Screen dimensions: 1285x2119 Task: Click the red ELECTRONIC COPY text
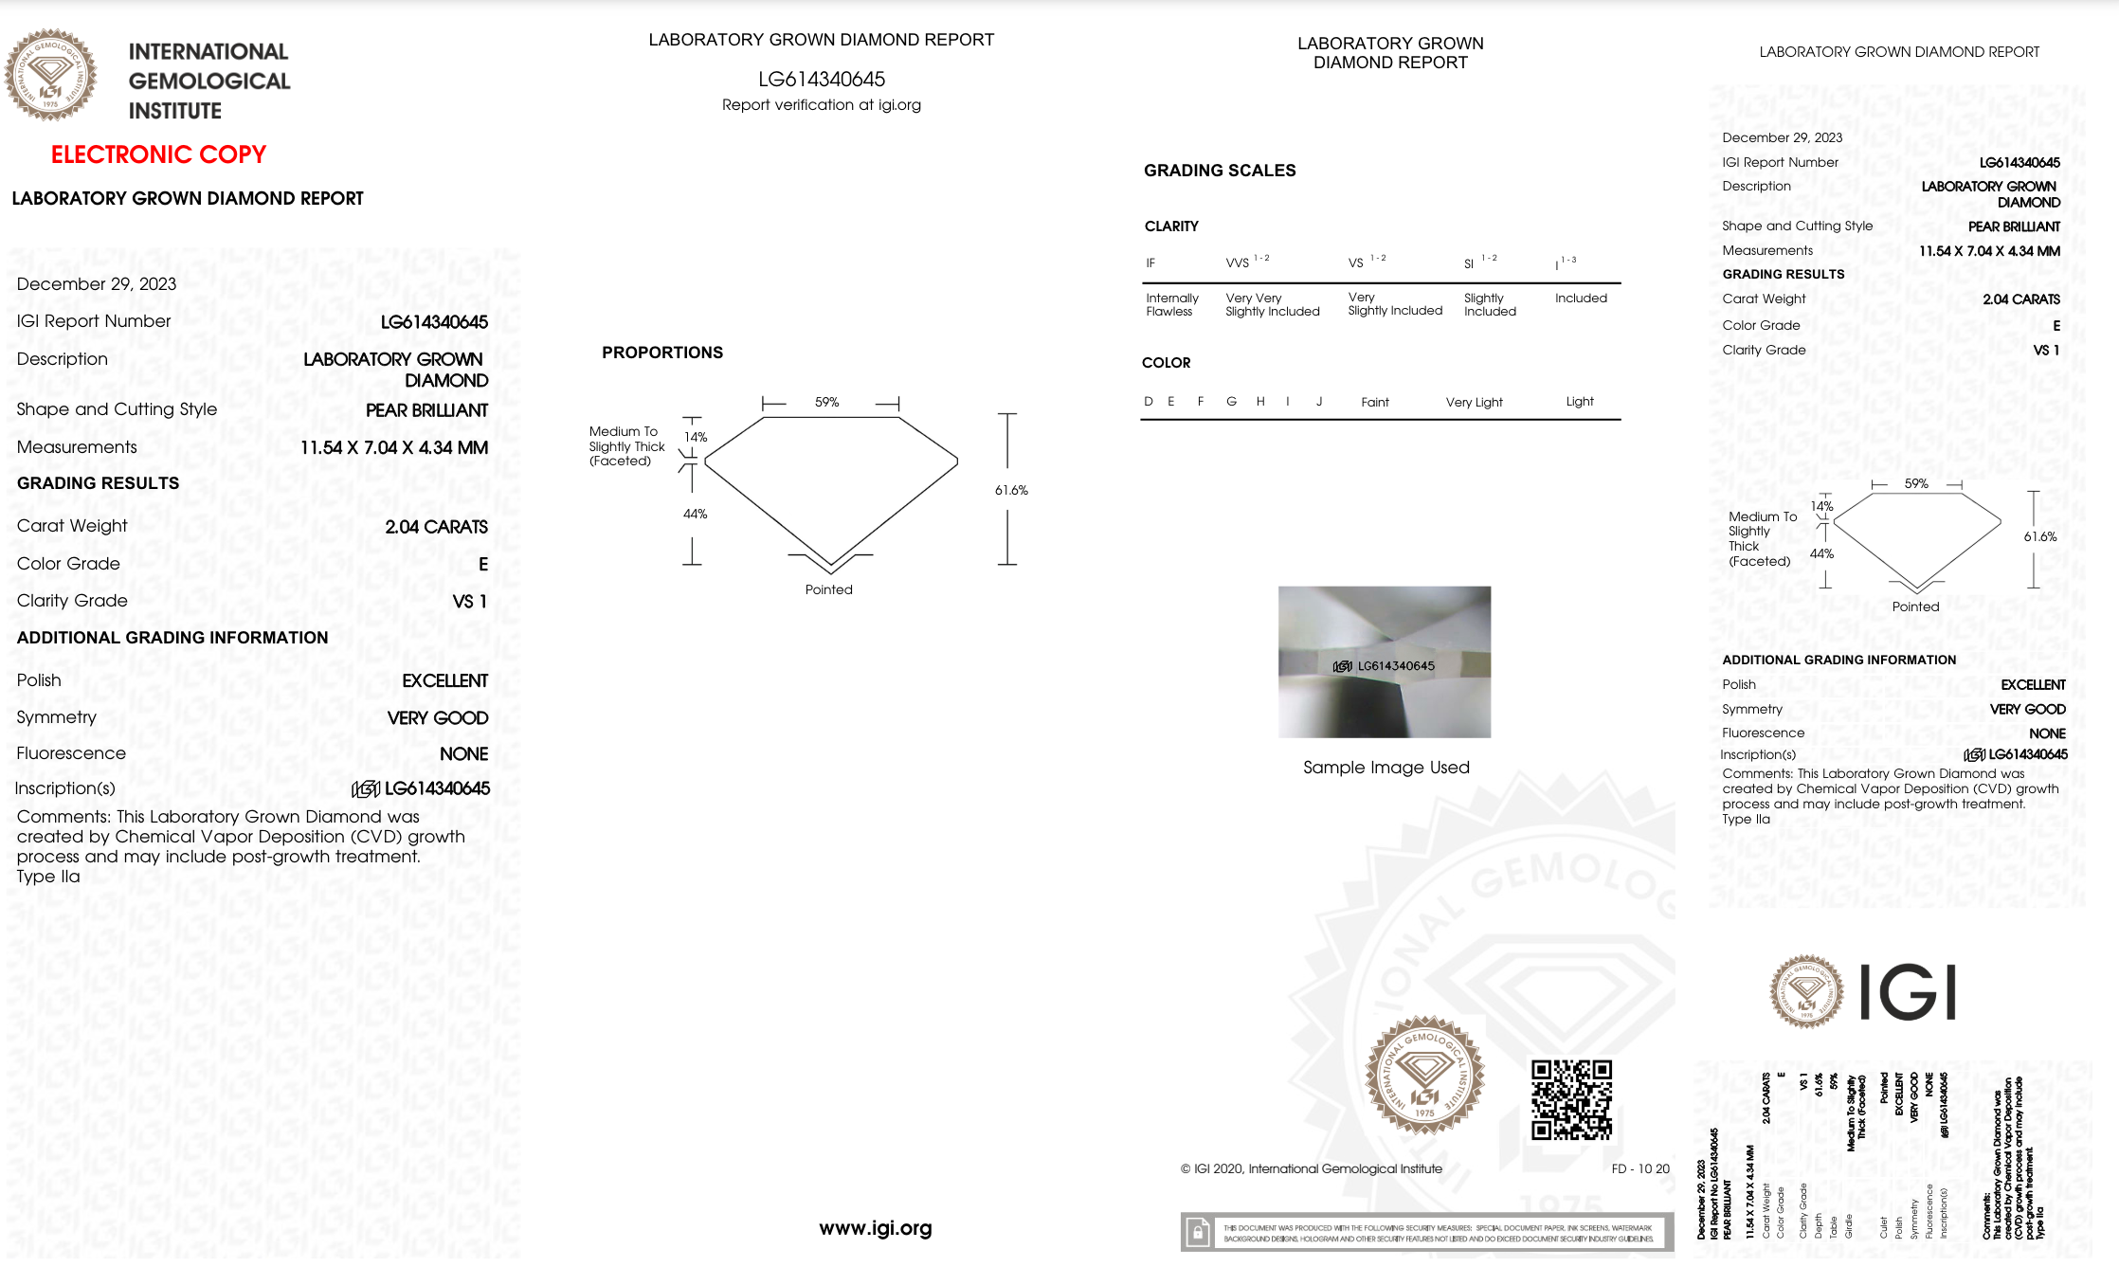(x=158, y=154)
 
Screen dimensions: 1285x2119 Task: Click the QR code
(x=1571, y=1099)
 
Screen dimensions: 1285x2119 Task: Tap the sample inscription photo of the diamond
(x=1384, y=661)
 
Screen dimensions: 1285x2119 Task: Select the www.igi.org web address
(x=875, y=1228)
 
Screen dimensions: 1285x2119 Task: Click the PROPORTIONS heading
(x=661, y=353)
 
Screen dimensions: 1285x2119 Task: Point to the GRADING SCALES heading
(x=1219, y=171)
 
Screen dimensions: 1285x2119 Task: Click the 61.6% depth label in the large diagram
(x=1011, y=490)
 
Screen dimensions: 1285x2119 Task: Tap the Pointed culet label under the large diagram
(x=828, y=589)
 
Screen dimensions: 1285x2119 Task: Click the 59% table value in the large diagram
(x=826, y=402)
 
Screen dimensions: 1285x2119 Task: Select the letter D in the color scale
(x=1149, y=401)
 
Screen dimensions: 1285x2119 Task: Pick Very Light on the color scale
(x=1474, y=402)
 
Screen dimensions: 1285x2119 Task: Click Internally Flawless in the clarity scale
(x=1171, y=304)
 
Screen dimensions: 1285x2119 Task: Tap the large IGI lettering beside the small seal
(x=1907, y=992)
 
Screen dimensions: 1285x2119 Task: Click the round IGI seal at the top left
(x=50, y=75)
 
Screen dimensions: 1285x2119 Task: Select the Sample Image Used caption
(x=1385, y=768)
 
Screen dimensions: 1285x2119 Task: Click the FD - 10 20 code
(x=1640, y=1168)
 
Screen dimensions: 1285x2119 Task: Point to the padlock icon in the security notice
(x=1198, y=1233)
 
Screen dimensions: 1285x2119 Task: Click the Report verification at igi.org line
(x=821, y=105)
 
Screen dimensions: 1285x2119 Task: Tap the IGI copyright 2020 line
(x=1311, y=1168)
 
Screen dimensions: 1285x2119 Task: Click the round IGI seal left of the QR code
(x=1423, y=1076)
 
